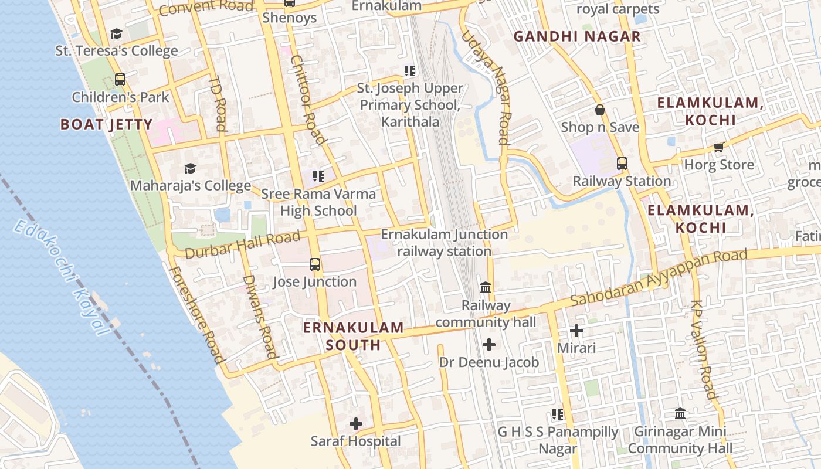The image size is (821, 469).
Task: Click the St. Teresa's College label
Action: [116, 50]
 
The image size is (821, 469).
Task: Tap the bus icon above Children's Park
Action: [120, 80]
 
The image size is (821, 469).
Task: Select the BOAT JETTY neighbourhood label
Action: [106, 124]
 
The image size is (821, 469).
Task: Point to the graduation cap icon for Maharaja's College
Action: [190, 169]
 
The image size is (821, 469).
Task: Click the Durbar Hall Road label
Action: [243, 245]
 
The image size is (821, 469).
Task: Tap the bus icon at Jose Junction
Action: [315, 264]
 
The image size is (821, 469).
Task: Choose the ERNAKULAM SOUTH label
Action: [354, 336]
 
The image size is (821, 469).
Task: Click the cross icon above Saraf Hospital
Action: [356, 424]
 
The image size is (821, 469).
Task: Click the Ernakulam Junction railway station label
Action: [445, 243]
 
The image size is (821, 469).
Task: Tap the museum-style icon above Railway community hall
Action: [486, 288]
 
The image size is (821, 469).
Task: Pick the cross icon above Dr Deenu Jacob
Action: [489, 345]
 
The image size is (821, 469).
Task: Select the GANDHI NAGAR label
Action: [577, 36]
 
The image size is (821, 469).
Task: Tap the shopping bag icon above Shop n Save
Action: [600, 110]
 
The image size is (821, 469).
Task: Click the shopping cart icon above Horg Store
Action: [719, 147]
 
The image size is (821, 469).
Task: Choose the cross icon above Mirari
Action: [576, 331]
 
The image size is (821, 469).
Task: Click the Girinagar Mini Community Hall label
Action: [680, 440]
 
